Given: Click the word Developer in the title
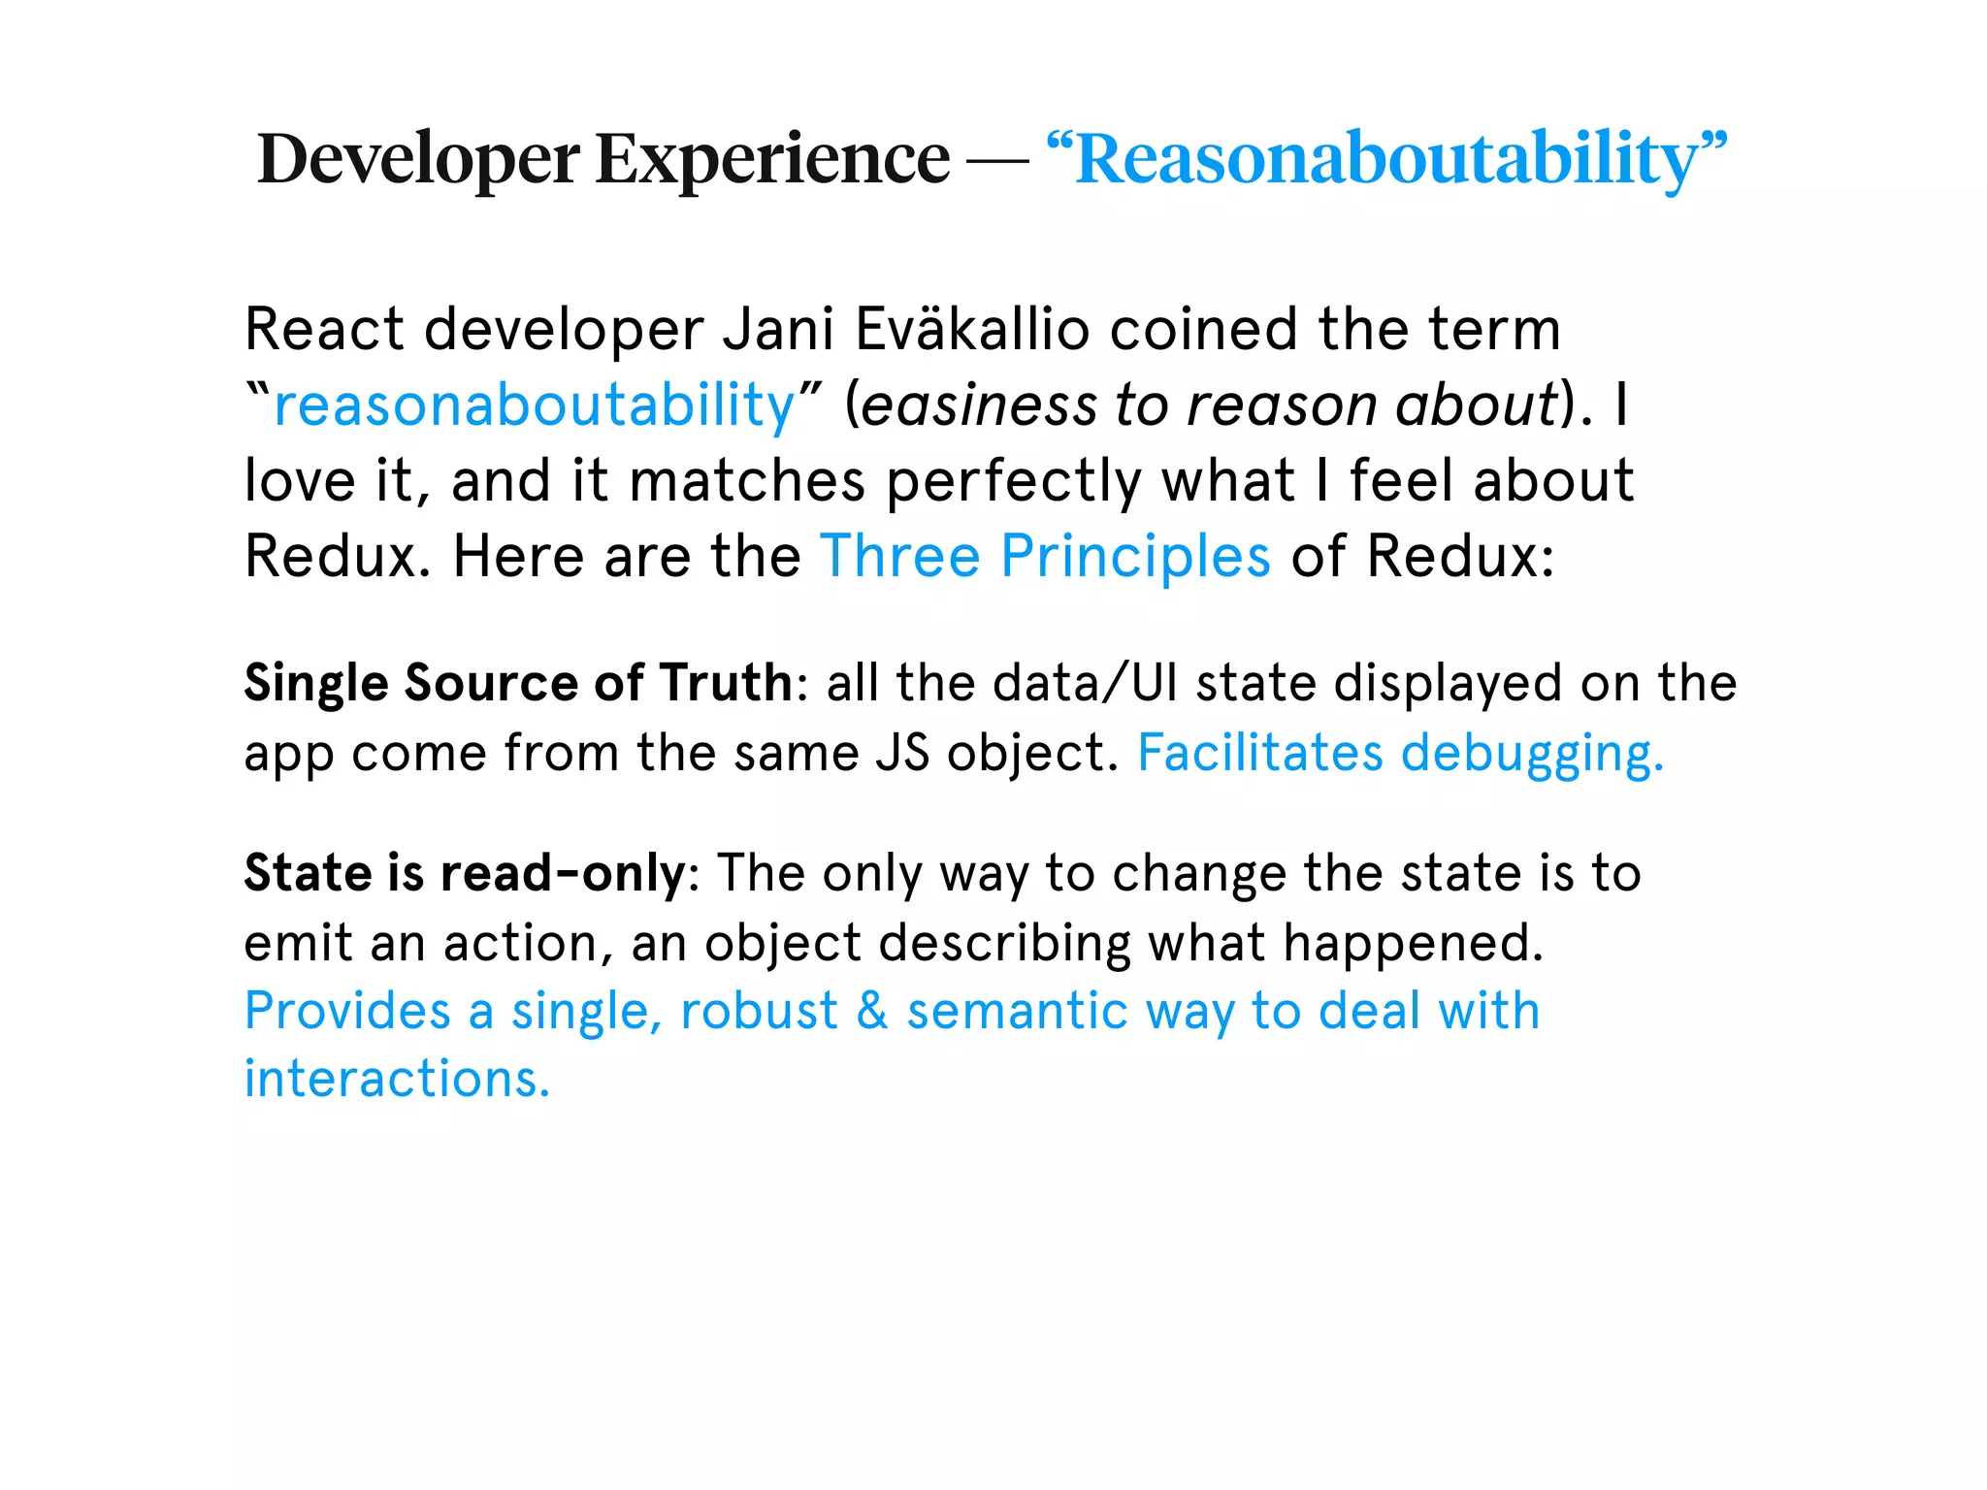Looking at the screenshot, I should point(418,158).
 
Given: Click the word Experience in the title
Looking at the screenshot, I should point(772,158).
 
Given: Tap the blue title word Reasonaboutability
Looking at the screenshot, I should point(1387,158).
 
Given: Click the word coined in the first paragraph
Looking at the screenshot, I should point(1203,330).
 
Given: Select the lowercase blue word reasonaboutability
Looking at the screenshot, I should point(535,405).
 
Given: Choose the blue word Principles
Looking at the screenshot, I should point(1135,556).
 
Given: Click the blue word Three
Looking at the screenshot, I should point(900,556).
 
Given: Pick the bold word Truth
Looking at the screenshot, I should point(727,682).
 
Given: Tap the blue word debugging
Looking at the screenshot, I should point(1532,754).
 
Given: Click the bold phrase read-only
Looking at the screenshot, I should point(563,873).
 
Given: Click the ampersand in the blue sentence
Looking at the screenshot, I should point(872,1011).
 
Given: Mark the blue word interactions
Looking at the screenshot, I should point(397,1079).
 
